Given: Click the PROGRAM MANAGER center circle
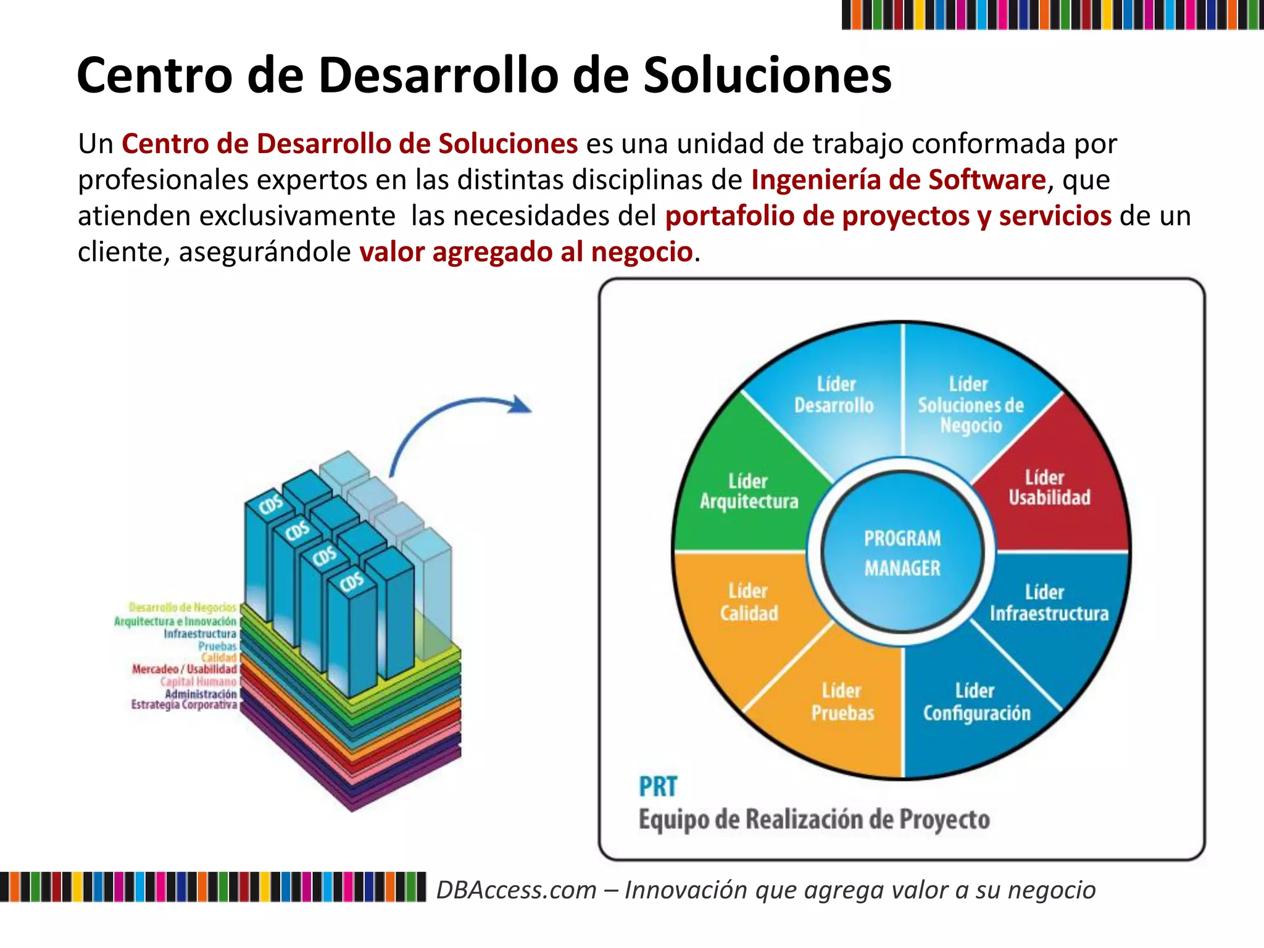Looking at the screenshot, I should (x=902, y=553).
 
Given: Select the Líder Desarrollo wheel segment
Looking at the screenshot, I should (x=834, y=395).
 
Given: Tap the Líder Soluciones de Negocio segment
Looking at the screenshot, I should (x=970, y=405).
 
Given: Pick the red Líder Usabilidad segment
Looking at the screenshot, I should (x=1049, y=488).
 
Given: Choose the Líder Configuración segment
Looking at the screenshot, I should (x=976, y=702).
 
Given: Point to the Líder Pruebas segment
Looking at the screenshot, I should (x=842, y=702).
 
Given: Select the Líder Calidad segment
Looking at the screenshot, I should (x=749, y=602).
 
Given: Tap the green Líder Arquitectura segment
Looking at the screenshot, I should (x=749, y=491).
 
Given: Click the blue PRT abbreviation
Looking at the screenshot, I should (x=658, y=787).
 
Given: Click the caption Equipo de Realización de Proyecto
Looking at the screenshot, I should (x=814, y=820).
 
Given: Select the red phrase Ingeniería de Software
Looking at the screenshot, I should (x=898, y=180).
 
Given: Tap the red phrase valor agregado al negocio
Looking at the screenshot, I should (x=526, y=252).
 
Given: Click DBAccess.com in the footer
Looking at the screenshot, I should (x=517, y=890).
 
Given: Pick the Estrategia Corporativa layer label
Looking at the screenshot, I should (x=184, y=705).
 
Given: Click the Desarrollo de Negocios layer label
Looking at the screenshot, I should (x=183, y=608).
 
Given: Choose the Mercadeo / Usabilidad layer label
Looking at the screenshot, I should (x=184, y=669).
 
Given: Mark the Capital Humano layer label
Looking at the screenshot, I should (x=198, y=681).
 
